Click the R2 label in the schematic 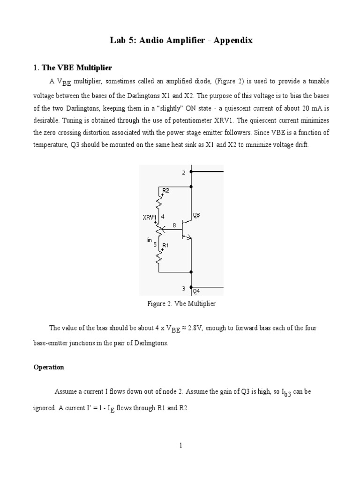click(165, 190)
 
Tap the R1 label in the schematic click(165, 245)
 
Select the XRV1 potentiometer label click(150, 217)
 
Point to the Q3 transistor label click(196, 215)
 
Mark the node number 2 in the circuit click(184, 173)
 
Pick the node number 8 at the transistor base click(174, 225)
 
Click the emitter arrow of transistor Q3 click(189, 238)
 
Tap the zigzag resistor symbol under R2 click(160, 202)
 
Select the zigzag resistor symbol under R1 click(160, 257)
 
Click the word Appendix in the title click(233, 40)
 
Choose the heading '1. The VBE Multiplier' click(72, 68)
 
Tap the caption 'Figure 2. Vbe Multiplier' click(181, 304)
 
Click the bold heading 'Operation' click(49, 367)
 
